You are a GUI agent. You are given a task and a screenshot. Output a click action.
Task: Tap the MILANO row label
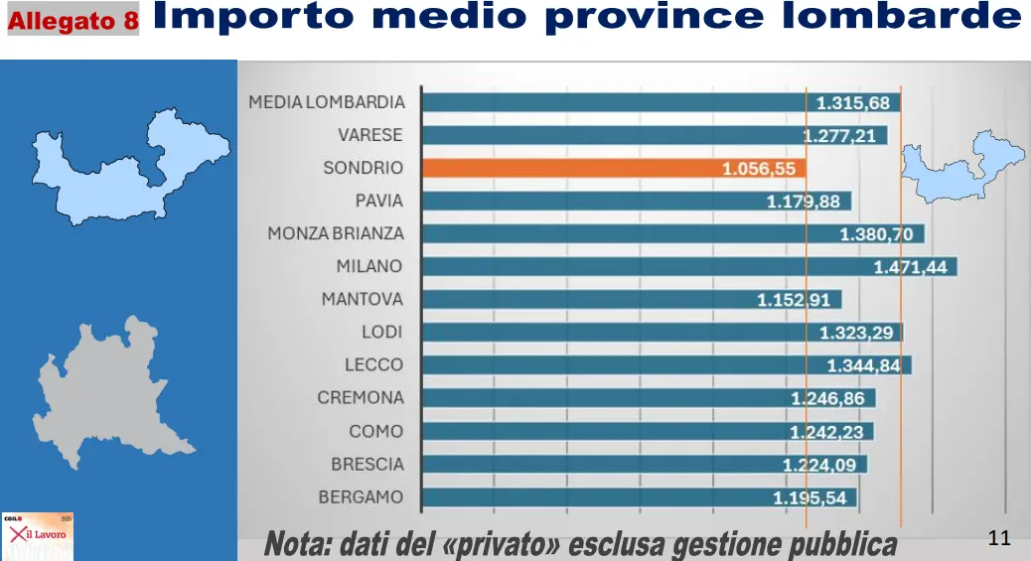point(368,266)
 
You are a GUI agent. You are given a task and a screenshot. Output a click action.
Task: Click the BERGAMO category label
point(361,496)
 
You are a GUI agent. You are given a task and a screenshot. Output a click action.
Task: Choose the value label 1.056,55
point(759,169)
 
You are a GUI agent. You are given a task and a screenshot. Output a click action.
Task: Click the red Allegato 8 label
point(74,20)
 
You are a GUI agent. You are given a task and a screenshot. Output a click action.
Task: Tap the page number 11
point(1000,538)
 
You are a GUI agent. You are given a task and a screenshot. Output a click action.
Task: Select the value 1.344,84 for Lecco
point(864,365)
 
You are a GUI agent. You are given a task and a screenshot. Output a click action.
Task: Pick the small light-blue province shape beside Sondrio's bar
point(958,169)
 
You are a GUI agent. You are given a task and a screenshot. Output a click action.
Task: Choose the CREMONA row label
point(361,398)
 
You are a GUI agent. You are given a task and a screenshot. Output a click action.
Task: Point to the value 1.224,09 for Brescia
point(820,464)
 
